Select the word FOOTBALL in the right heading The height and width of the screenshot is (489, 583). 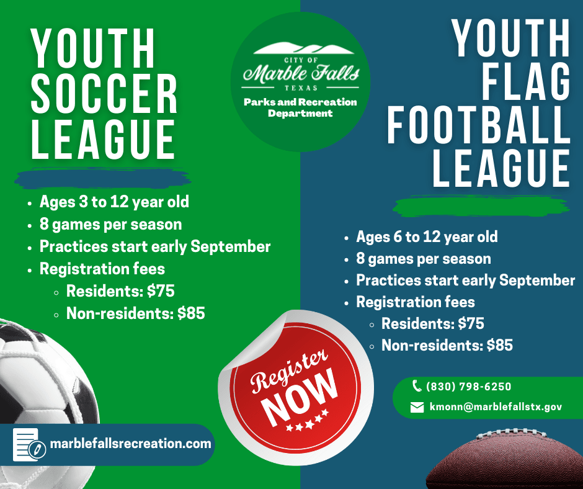pos(479,124)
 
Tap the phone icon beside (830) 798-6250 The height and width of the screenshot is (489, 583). pos(417,386)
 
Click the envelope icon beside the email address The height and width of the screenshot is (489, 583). pos(417,407)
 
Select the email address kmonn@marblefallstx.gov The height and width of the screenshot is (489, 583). pos(496,407)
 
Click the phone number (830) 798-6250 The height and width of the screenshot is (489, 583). pos(469,387)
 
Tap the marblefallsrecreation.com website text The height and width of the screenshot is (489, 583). pos(131,444)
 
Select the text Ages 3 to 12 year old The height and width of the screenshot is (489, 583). pos(114,202)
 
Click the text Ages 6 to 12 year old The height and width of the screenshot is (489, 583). pos(427,236)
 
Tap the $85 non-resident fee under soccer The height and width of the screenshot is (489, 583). pos(191,314)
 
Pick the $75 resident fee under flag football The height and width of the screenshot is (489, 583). pos(471,323)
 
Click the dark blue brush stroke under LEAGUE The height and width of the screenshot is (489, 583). pos(102,177)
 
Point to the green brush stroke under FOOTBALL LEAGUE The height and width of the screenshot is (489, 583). pos(481,205)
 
